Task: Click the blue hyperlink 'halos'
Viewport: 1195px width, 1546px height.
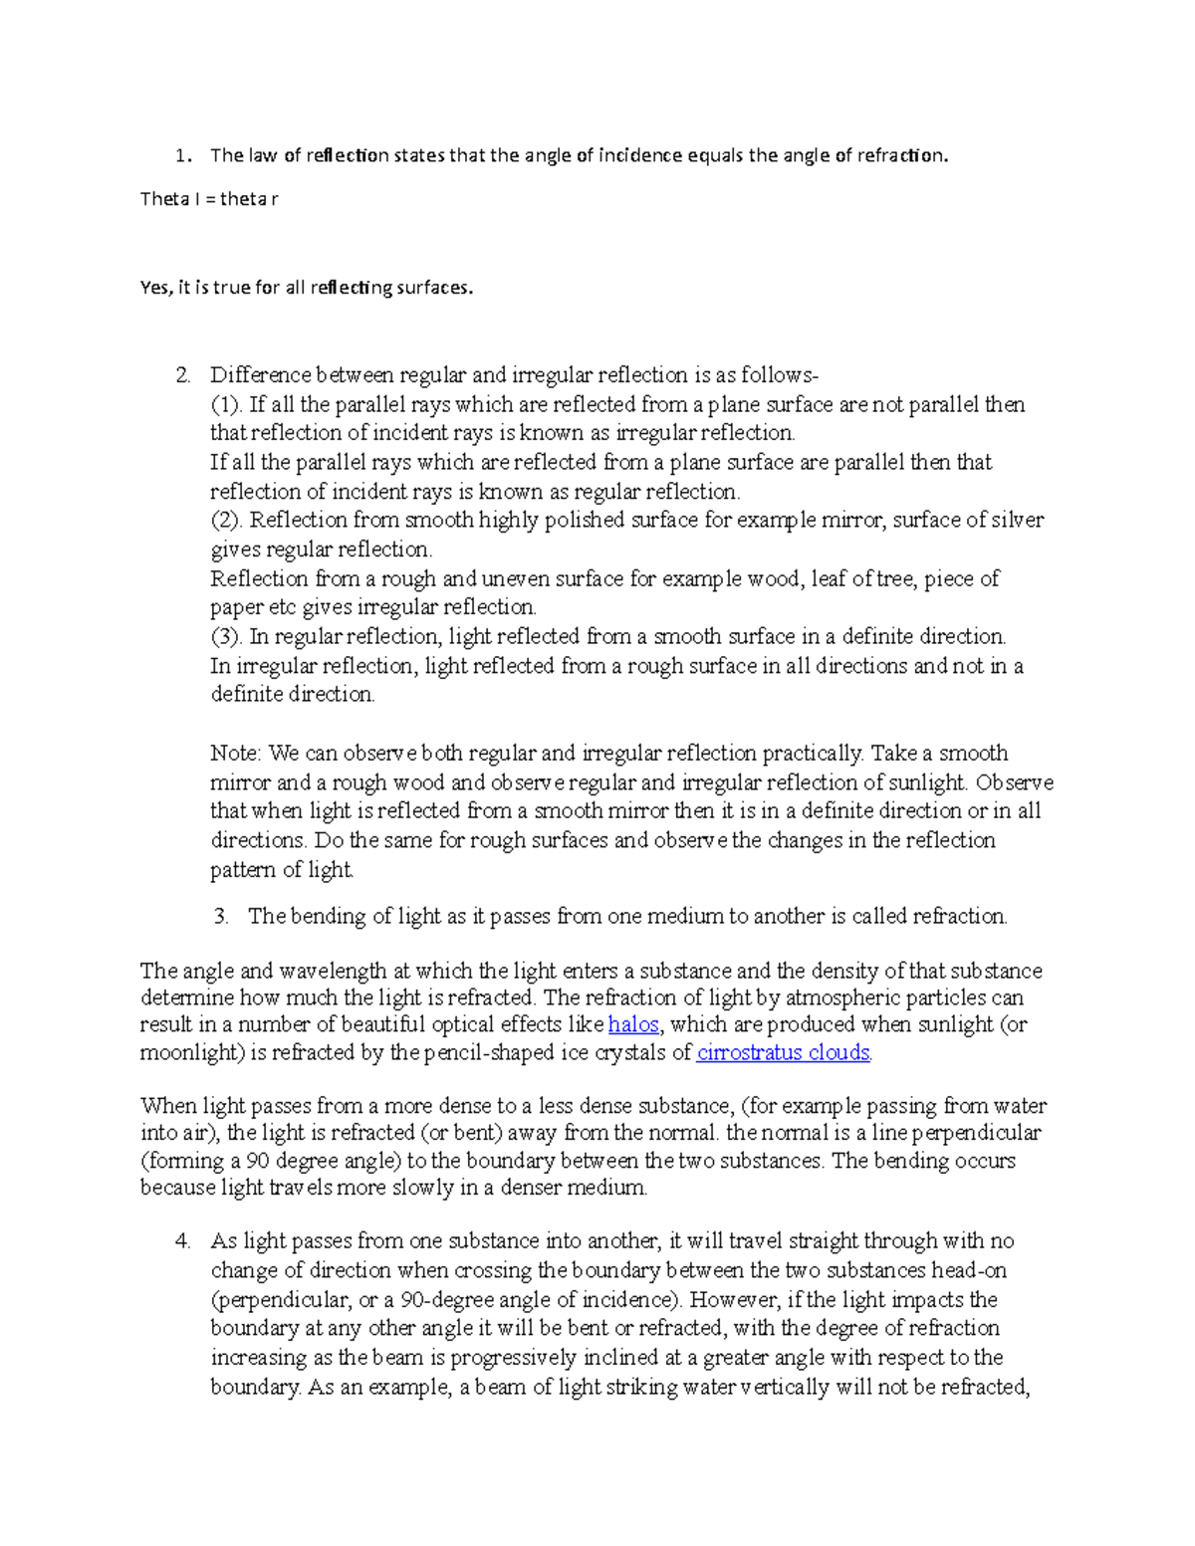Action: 633,1024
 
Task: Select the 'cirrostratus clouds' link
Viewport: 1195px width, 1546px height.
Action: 784,1052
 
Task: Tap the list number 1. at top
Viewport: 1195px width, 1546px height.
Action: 181,155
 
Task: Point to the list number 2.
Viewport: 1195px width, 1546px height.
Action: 182,375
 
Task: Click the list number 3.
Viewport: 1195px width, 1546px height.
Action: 221,916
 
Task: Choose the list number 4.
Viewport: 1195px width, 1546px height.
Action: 182,1240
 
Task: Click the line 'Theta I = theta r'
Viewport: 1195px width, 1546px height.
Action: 209,199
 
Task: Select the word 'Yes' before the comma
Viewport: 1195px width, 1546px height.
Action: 154,288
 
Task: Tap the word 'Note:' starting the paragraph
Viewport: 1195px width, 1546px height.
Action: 236,753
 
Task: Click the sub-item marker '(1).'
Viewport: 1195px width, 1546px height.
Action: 226,404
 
